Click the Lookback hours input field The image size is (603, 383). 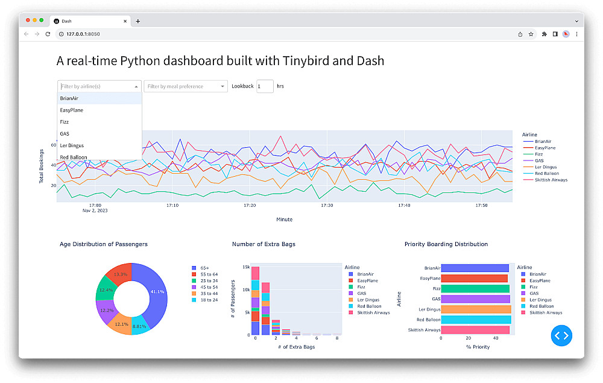(265, 86)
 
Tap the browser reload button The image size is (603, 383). (48, 34)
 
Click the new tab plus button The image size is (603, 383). (137, 21)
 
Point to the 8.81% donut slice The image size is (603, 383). (139, 326)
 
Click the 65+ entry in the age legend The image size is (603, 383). (204, 268)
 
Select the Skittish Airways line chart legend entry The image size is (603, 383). (550, 180)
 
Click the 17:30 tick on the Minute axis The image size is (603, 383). (327, 206)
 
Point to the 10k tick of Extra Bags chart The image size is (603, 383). (245, 290)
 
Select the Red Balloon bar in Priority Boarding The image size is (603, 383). (475, 320)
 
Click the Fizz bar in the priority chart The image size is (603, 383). (475, 289)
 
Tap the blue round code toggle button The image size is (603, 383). (561, 335)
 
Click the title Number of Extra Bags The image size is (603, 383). (264, 244)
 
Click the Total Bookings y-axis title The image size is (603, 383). (42, 165)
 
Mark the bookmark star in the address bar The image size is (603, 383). (531, 34)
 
